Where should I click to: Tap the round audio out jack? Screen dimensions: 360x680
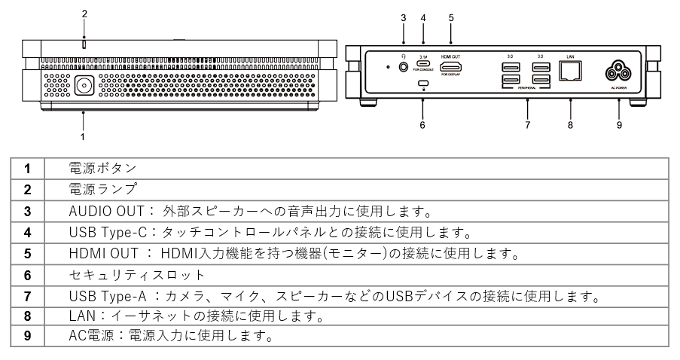click(x=404, y=67)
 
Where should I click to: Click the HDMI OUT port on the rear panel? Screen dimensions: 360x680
click(x=450, y=67)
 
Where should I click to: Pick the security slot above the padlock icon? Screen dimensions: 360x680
click(x=423, y=83)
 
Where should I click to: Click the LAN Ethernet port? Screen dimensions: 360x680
click(x=570, y=71)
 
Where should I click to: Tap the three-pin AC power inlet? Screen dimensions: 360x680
click(x=619, y=72)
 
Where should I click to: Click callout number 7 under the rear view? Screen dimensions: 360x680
click(x=528, y=125)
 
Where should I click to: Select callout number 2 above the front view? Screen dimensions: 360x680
click(x=84, y=14)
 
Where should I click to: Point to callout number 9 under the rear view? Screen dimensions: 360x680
click(x=619, y=125)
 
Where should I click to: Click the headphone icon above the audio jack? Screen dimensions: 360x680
click(x=404, y=56)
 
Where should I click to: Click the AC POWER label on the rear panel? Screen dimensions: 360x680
click(x=619, y=89)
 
